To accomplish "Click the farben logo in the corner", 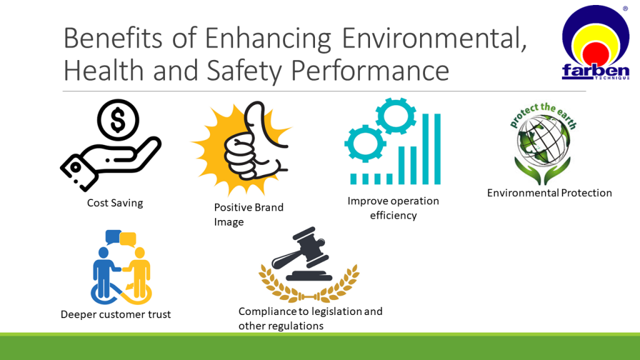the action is (596, 42).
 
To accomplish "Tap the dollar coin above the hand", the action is (118, 120).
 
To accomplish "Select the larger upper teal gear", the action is (396, 116).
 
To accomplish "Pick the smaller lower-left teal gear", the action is (365, 144).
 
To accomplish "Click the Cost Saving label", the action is (115, 203).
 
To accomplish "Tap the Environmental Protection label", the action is (549, 192).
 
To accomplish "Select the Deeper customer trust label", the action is (116, 314).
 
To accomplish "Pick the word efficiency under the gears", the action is (394, 215).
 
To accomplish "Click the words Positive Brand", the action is (249, 207).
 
